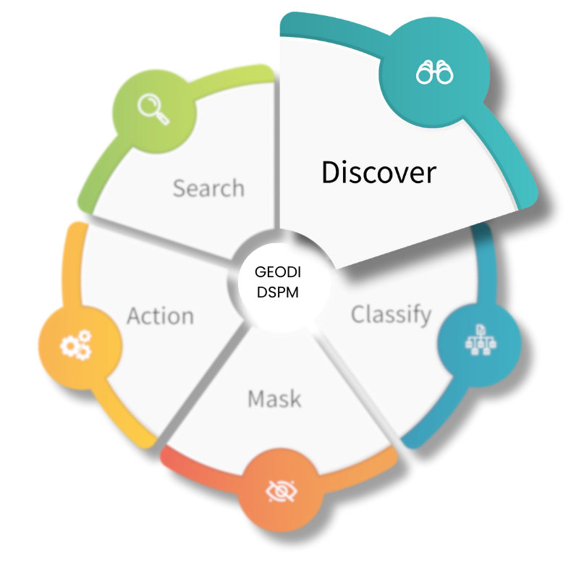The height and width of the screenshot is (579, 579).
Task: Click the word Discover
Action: [x=379, y=173]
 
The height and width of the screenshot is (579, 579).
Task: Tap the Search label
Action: [x=208, y=188]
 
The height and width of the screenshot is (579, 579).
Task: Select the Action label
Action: [x=160, y=316]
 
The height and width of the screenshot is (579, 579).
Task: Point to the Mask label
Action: [x=274, y=399]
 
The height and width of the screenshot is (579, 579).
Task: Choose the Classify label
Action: [x=391, y=315]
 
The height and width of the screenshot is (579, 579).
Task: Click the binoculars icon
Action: [x=434, y=72]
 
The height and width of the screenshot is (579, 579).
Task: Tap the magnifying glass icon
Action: [x=153, y=110]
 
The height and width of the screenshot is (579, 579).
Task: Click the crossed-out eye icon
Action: [x=281, y=491]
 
